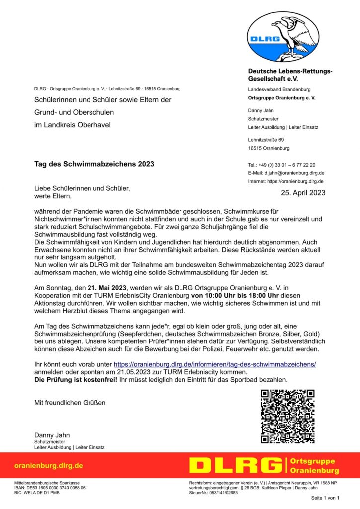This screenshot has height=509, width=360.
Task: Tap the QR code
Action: [287, 416]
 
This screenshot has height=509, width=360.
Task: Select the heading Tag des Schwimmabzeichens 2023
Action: [94, 164]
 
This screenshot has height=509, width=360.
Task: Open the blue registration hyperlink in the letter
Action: [215, 364]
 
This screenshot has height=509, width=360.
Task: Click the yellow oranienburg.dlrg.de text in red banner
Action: [49, 466]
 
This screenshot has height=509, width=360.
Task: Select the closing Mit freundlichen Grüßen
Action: [70, 402]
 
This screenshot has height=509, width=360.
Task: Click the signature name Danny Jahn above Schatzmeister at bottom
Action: [52, 435]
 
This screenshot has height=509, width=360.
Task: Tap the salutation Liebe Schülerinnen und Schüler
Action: [82, 188]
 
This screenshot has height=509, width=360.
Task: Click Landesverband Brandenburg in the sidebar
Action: [279, 89]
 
